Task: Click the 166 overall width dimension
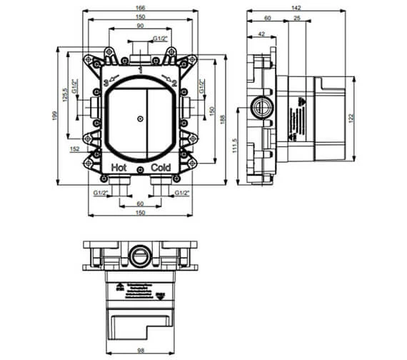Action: (143, 7)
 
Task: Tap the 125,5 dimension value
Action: (65, 95)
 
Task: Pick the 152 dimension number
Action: (75, 149)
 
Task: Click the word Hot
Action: (120, 166)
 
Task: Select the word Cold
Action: (162, 166)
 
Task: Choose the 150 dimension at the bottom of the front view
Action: (142, 213)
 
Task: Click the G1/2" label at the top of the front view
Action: (161, 38)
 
